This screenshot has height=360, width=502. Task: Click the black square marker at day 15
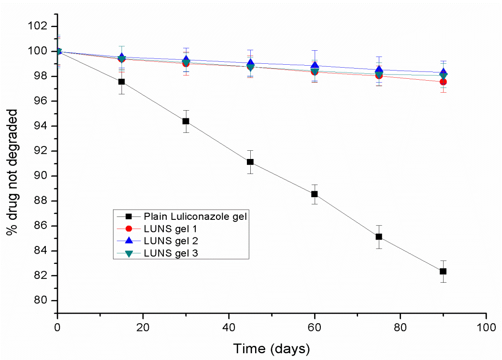click(x=122, y=82)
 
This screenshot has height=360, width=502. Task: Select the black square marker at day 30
click(x=186, y=121)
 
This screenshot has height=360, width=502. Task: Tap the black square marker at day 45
click(x=250, y=162)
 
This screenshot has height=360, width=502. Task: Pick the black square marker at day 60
click(x=315, y=194)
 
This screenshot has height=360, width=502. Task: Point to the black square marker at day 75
click(x=379, y=237)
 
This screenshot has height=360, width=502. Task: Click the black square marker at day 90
click(x=443, y=272)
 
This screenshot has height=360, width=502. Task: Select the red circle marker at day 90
click(x=443, y=82)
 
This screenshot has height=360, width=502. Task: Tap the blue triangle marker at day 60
click(x=315, y=66)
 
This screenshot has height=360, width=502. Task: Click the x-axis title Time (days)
click(x=272, y=348)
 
